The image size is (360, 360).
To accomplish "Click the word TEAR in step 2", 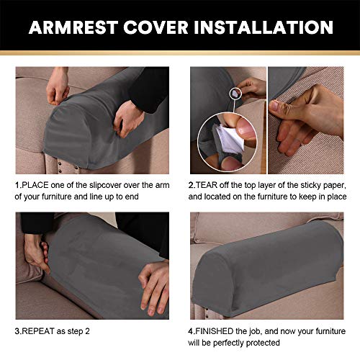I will point(210,185).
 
